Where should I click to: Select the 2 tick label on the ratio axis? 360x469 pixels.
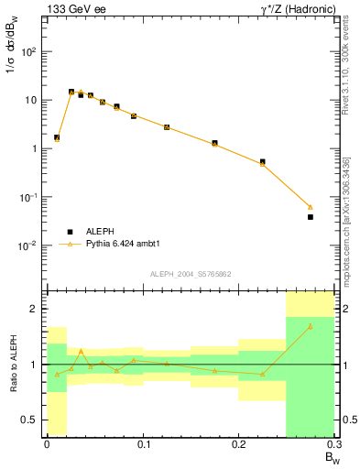[x=35, y=309]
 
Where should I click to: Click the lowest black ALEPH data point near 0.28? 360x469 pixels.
[x=310, y=217]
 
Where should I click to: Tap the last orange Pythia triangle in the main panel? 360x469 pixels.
[x=310, y=207]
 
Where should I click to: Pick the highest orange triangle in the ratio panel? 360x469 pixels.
[x=310, y=326]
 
